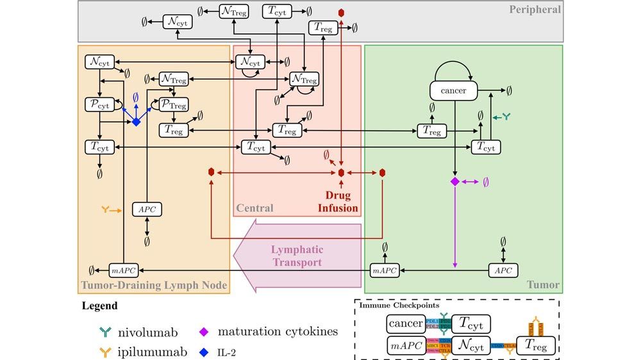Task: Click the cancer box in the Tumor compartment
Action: point(454,91)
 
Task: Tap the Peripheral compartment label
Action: point(535,10)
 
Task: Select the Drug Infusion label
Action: point(337,201)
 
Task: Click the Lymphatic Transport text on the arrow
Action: point(297,256)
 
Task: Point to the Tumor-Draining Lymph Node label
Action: point(154,285)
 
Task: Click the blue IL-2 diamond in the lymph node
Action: point(136,121)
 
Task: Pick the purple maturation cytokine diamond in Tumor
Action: point(454,182)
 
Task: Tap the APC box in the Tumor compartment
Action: point(503,270)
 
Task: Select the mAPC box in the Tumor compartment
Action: point(385,270)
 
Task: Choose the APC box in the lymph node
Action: point(147,209)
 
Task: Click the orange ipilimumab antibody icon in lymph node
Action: point(107,209)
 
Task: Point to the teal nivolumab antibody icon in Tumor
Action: point(508,117)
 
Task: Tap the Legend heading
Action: point(99,306)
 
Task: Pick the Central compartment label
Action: point(254,208)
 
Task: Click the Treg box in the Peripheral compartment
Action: point(323,28)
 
